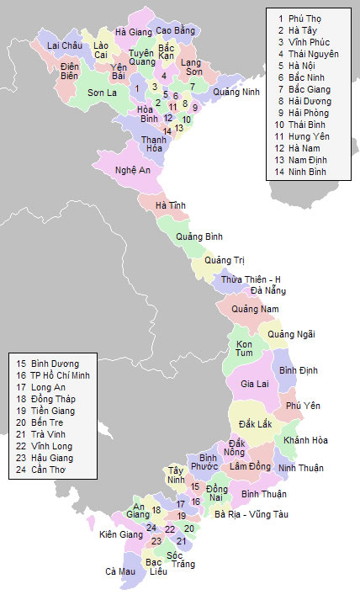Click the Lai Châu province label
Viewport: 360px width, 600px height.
[64, 45]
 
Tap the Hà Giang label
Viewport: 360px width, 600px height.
[134, 32]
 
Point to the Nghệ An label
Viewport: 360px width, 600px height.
[133, 170]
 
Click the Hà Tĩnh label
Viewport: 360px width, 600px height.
[172, 205]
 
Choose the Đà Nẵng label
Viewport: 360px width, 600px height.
[268, 291]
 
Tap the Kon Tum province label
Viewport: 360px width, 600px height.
[245, 350]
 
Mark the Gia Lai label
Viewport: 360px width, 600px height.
[254, 384]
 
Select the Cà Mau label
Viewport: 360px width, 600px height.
[119, 571]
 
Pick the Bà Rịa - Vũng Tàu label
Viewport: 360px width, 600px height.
[251, 513]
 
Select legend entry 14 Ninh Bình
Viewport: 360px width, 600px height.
[304, 171]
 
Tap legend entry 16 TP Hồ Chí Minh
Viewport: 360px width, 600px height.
[52, 375]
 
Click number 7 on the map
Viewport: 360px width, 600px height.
[192, 86]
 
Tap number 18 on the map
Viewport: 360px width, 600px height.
[156, 510]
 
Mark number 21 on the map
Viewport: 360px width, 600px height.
[181, 541]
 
